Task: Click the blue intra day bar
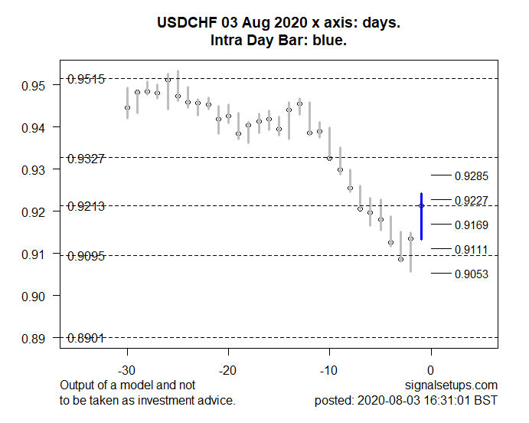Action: tap(421, 216)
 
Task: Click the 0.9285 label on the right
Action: tap(471, 176)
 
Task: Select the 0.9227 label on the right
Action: tap(471, 201)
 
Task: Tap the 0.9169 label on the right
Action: tap(471, 225)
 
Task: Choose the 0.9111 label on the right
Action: tap(471, 250)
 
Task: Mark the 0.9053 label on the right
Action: tap(471, 274)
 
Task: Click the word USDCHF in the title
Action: tap(181, 24)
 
